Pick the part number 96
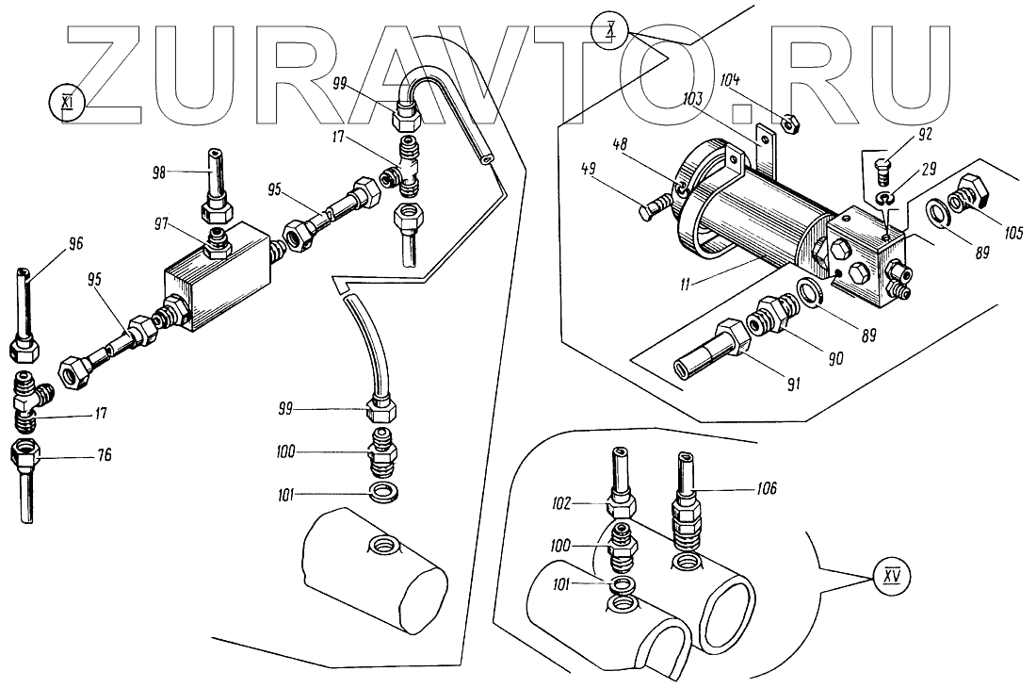pyautogui.click(x=75, y=243)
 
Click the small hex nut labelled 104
pyautogui.click(x=791, y=120)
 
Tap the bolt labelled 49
pyautogui.click(x=659, y=206)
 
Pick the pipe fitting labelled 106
pyautogui.click(x=685, y=509)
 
